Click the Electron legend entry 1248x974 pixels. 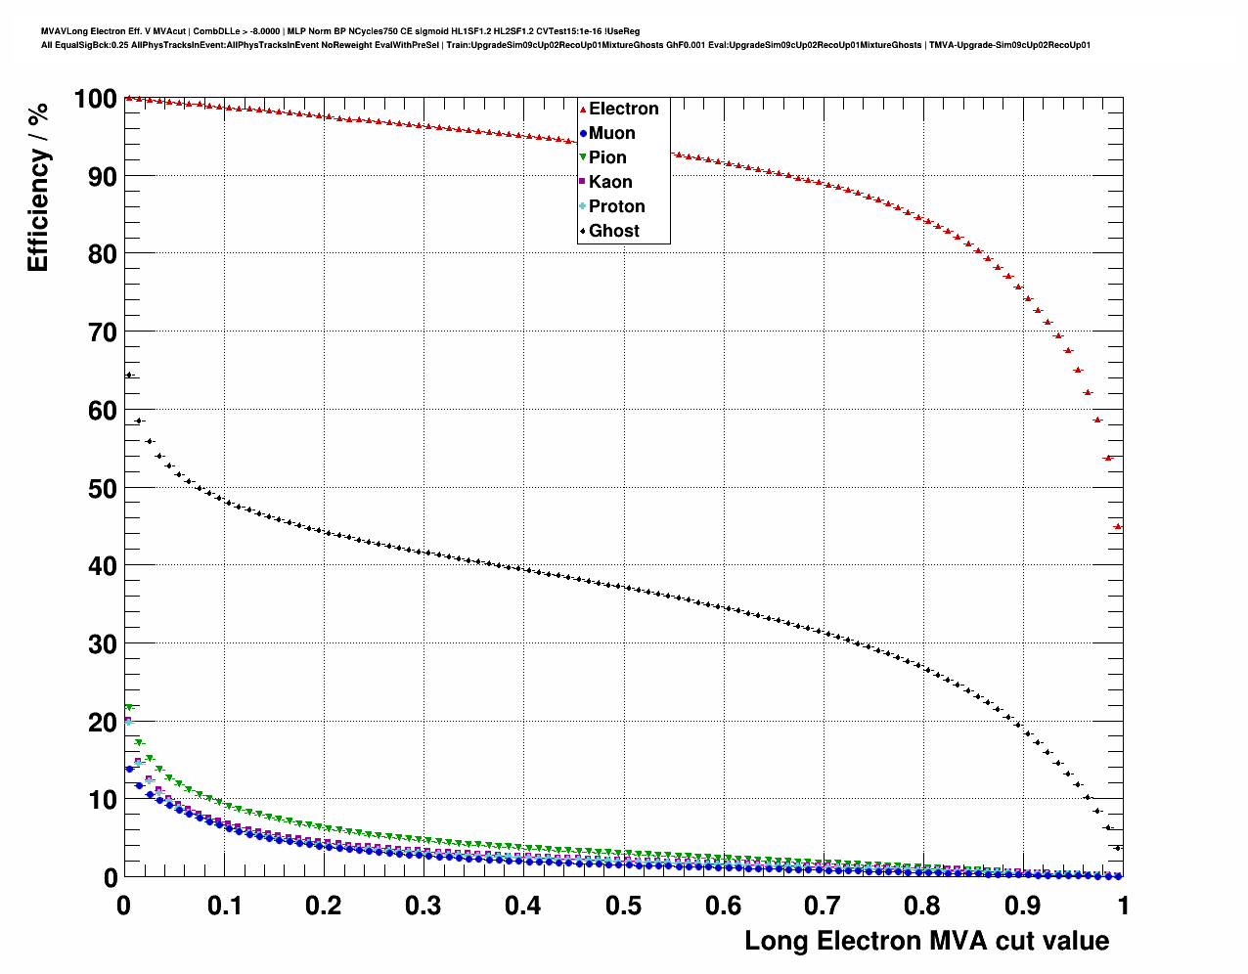623,109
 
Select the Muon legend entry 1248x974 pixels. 611,133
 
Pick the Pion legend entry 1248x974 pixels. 606,157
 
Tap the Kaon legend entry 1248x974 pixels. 609,182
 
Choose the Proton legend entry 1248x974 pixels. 616,206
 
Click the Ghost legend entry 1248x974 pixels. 613,231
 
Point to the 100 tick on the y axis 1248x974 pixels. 96,99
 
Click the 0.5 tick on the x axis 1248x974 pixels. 623,906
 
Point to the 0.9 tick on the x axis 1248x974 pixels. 1023,906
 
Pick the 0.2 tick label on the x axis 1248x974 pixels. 324,906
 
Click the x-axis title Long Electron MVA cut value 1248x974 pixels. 926,941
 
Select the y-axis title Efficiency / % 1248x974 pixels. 37,187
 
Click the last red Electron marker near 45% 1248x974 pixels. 1118,527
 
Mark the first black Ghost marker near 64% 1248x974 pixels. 128,376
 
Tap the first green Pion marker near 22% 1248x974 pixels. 128,707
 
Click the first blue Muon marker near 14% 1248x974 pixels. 129,770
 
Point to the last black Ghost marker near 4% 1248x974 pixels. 1118,848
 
